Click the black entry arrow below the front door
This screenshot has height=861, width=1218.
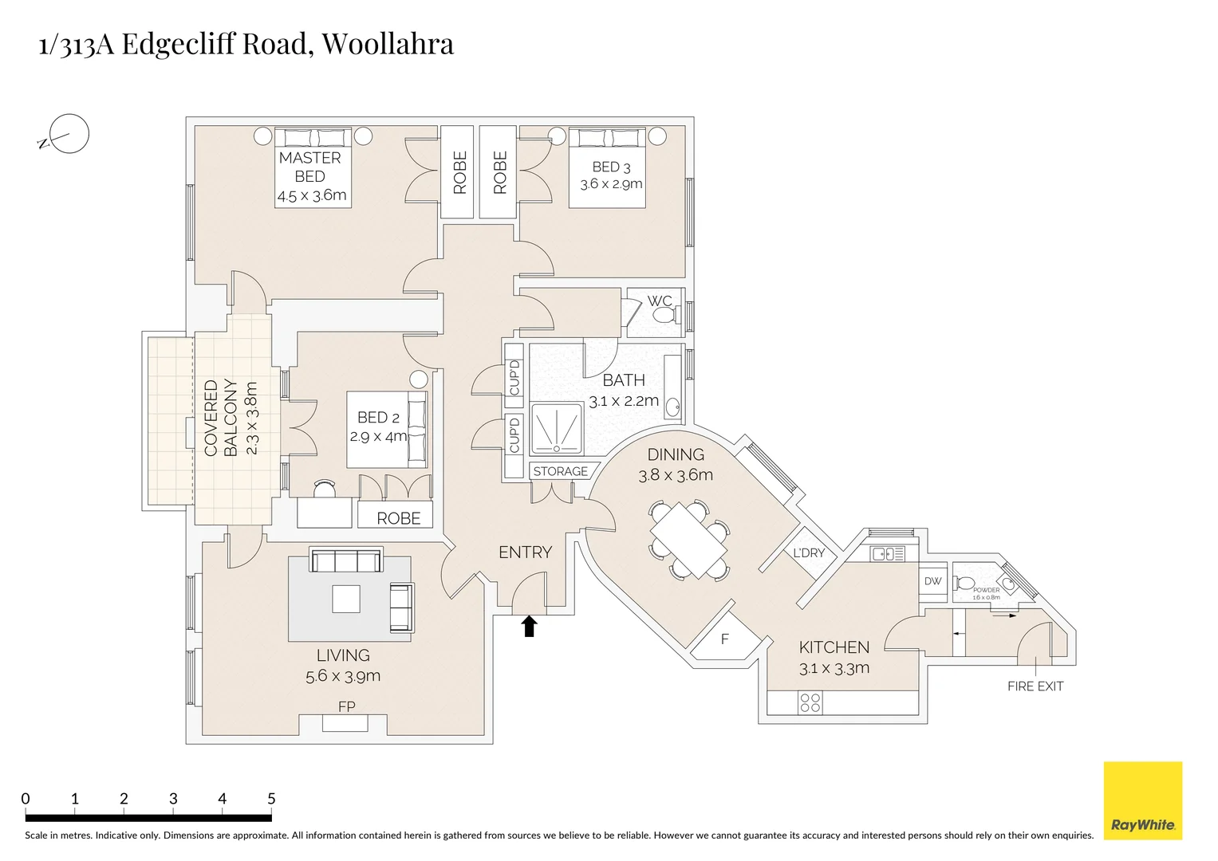pyautogui.click(x=528, y=626)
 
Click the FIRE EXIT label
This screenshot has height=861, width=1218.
pyautogui.click(x=1035, y=686)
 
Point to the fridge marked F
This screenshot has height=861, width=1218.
pyautogui.click(x=724, y=639)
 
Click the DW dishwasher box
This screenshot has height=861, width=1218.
pyautogui.click(x=932, y=581)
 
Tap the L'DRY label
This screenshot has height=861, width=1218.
pyautogui.click(x=808, y=553)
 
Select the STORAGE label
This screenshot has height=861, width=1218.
pyautogui.click(x=560, y=471)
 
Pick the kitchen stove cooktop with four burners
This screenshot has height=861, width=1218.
pyautogui.click(x=810, y=702)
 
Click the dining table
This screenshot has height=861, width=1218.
pyautogui.click(x=689, y=538)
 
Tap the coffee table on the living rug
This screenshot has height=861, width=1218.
pyautogui.click(x=346, y=599)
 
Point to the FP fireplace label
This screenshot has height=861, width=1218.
pyautogui.click(x=346, y=706)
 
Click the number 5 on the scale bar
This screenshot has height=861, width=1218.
pyautogui.click(x=271, y=799)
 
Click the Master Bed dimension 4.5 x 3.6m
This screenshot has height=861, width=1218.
pyautogui.click(x=311, y=195)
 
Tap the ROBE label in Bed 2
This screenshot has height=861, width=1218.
pyautogui.click(x=398, y=518)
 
